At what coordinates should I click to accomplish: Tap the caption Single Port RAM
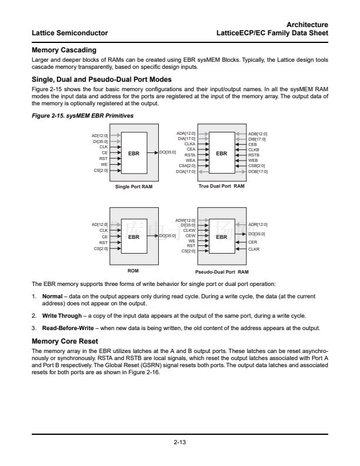(134, 187)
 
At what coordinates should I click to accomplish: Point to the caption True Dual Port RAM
(222, 186)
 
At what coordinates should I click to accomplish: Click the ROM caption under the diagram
(133, 270)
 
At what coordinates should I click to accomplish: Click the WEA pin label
(190, 160)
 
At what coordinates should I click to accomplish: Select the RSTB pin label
(254, 155)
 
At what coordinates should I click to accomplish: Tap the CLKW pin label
(189, 230)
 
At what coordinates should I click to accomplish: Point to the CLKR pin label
(254, 249)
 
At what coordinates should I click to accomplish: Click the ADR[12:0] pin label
(258, 224)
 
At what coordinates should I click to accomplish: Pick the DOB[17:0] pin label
(258, 171)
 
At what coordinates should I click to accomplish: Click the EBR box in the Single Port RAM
(134, 153)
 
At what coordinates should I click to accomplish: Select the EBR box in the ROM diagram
(134, 237)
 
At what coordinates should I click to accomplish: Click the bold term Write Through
(58, 315)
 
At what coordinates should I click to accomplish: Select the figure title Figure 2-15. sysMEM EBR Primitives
(82, 116)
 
